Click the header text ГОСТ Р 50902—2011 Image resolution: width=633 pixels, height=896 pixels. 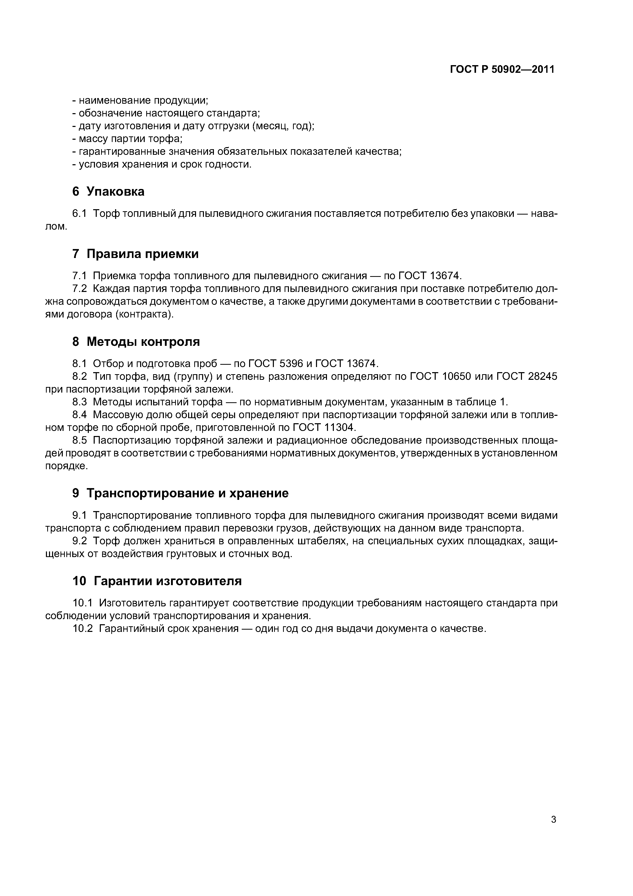(x=502, y=69)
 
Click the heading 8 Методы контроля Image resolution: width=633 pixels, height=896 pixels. (x=136, y=341)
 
